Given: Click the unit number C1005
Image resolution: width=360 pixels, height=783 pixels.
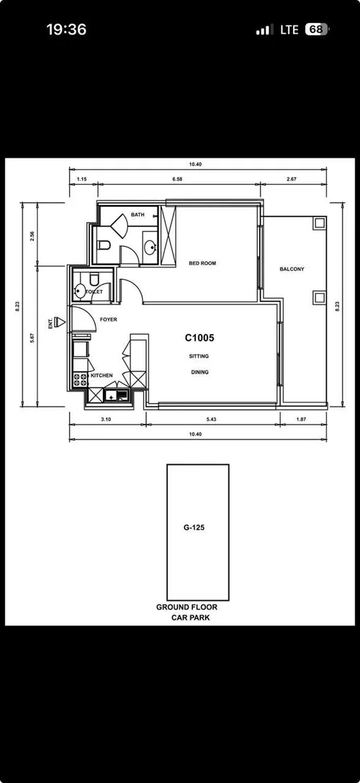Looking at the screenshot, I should click(200, 338).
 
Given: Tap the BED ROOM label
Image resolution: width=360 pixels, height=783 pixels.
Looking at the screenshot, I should click(202, 263).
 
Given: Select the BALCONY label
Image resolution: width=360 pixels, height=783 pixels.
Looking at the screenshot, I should click(292, 269).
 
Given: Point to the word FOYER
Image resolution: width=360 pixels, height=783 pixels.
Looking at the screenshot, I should click(109, 319).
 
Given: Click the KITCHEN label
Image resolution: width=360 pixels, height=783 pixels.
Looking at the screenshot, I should click(102, 376).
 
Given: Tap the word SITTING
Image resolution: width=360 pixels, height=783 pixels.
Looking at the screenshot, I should click(199, 356).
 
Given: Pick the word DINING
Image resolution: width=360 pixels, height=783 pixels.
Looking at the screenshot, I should click(199, 372).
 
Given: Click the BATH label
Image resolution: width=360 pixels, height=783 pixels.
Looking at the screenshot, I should click(138, 214).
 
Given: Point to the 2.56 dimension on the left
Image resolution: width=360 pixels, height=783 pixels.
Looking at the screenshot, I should click(32, 237).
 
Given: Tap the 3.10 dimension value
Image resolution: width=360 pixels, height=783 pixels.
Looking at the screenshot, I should click(106, 418).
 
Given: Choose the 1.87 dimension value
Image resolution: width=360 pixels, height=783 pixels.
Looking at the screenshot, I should click(301, 418).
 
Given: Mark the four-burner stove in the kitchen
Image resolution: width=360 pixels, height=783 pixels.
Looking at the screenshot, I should click(78, 379).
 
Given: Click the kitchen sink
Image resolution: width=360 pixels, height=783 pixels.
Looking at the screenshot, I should click(116, 394).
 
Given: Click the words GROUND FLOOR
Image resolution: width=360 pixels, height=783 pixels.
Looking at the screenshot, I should click(186, 607).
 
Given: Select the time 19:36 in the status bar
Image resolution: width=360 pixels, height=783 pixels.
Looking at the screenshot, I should click(66, 30).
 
